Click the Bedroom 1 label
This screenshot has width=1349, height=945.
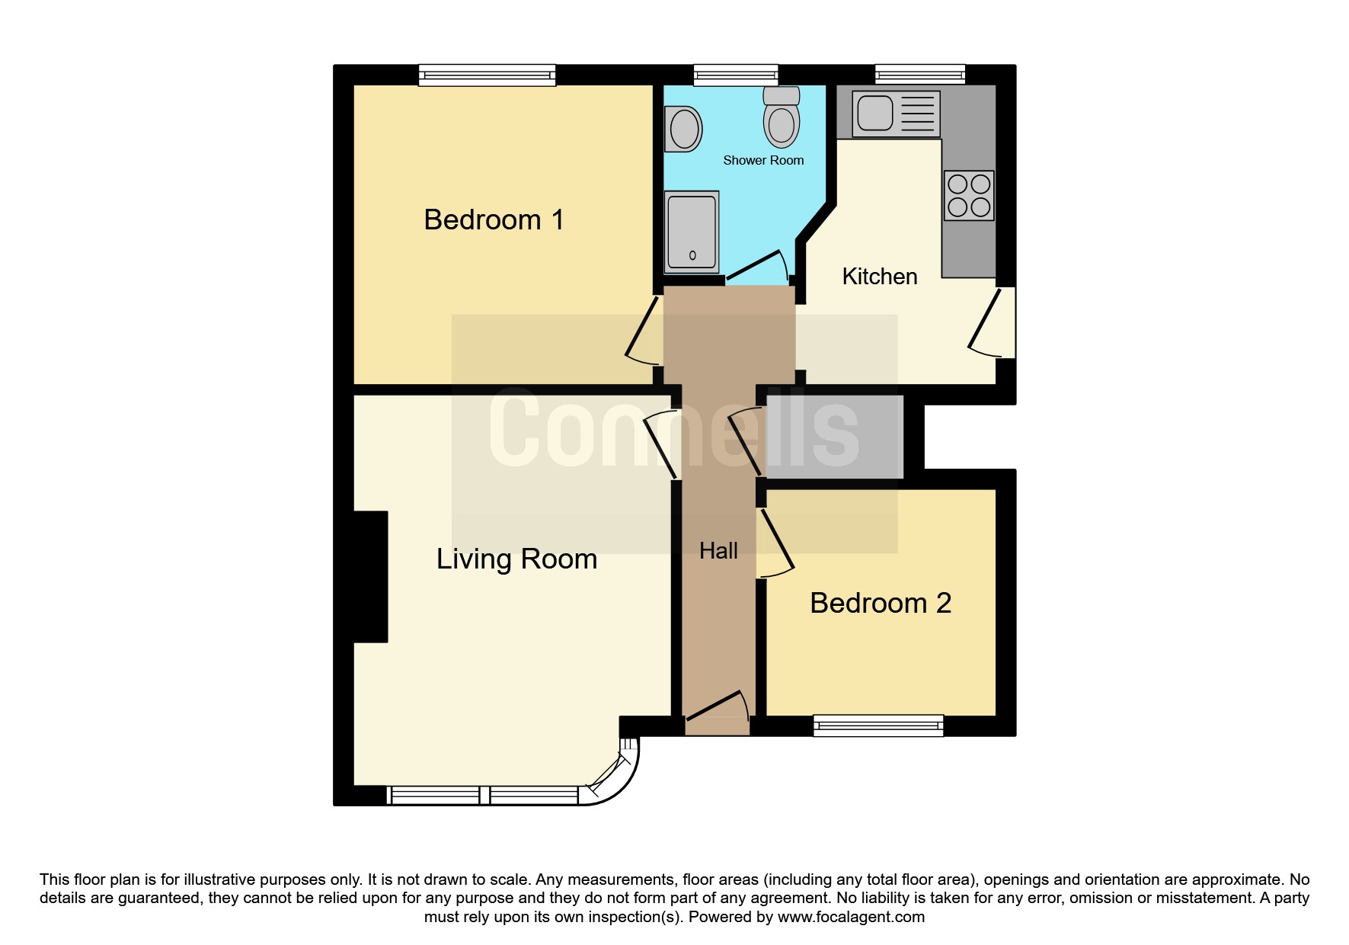point(494,220)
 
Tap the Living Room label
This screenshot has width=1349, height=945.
point(516,559)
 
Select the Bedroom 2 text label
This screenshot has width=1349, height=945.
point(880,604)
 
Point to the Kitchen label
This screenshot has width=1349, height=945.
point(879,277)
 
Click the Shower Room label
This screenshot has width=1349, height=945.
point(762,161)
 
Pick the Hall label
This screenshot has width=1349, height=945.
point(718,551)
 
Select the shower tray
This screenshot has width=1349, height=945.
point(692,232)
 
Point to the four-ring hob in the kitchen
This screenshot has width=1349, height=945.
point(969,195)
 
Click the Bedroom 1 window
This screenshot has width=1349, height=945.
point(487,75)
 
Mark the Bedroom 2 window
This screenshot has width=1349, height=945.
point(878,725)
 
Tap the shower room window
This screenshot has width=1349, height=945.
point(736,75)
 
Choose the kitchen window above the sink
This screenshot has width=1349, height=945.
point(920,75)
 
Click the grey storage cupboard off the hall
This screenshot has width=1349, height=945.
point(834,437)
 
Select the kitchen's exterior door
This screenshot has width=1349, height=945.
point(994,323)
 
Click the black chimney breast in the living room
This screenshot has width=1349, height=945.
point(371,576)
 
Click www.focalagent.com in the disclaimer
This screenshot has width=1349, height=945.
point(851,917)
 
